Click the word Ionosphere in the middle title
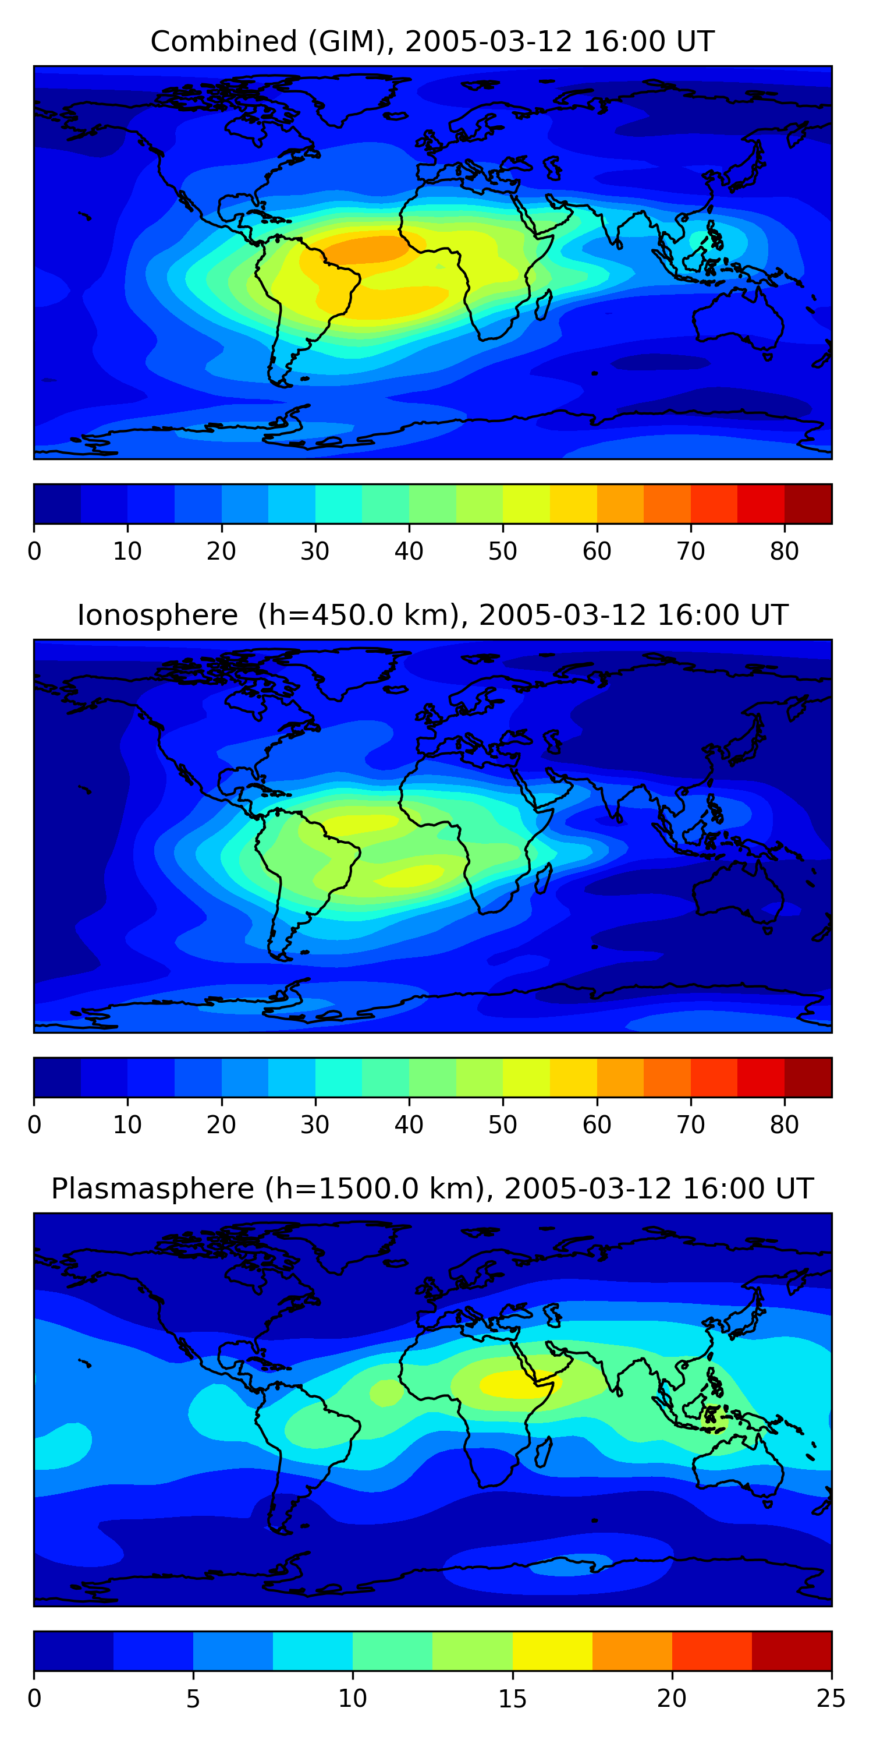click(157, 615)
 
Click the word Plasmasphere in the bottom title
click(152, 1189)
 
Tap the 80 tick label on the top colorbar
click(784, 551)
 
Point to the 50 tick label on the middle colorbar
click(502, 1124)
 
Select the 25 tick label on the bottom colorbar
click(831, 1698)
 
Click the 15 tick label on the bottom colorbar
click(512, 1698)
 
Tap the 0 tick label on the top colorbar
click(34, 551)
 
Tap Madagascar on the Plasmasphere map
click(544, 1452)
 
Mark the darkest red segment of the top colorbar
click(808, 504)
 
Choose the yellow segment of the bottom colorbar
click(552, 1651)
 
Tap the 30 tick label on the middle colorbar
click(315, 1124)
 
